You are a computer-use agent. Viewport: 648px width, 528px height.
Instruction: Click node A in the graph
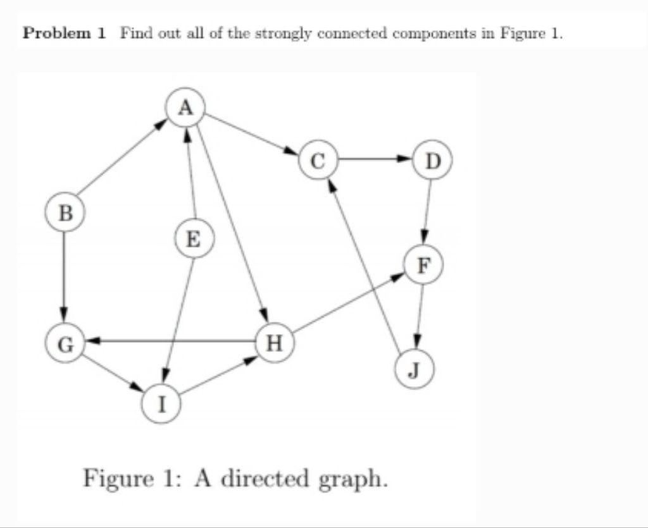185,107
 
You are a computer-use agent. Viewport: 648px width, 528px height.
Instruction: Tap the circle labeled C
319,159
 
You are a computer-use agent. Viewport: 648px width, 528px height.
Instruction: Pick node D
432,159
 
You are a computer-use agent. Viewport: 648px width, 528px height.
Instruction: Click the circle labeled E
194,240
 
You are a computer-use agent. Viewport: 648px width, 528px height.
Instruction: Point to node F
423,264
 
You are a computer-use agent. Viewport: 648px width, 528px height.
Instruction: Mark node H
273,343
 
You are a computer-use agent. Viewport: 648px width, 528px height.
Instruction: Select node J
414,369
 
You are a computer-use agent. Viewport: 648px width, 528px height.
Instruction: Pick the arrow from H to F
348,304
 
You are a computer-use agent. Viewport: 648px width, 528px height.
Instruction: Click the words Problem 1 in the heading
63,34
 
